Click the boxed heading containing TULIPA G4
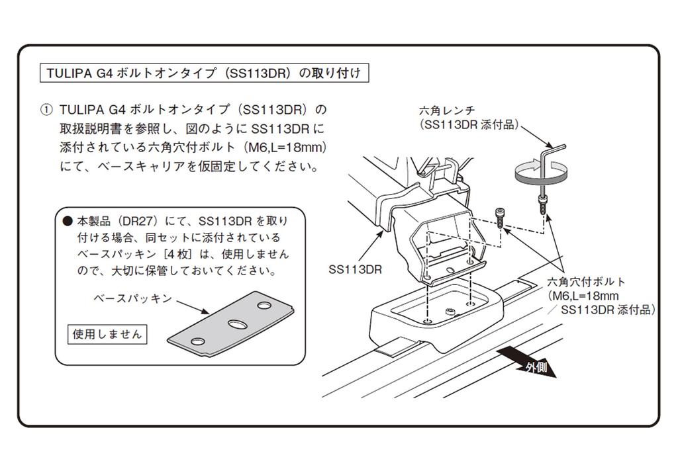[x=203, y=73]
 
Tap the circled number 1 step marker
[x=45, y=109]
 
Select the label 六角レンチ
[x=447, y=110]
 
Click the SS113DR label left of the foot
[x=355, y=270]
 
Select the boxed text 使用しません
[x=107, y=335]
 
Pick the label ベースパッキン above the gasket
[x=131, y=299]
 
